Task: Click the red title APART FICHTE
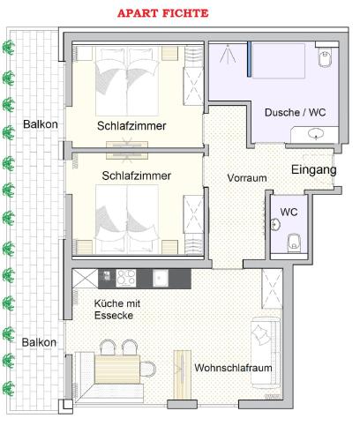[162, 13]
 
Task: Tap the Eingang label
[313, 169]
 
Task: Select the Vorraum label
[247, 178]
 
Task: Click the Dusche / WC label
[295, 112]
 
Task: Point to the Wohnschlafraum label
[233, 368]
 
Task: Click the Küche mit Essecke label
[117, 310]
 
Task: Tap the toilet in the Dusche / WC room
[325, 57]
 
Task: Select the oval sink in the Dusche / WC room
[316, 133]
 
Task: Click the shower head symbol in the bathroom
[228, 54]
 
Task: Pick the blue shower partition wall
[249, 59]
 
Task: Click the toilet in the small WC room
[294, 243]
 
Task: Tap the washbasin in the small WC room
[274, 225]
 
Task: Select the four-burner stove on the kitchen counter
[126, 278]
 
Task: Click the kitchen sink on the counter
[161, 278]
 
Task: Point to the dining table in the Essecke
[117, 370]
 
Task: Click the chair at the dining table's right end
[148, 370]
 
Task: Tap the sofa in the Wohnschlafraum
[265, 352]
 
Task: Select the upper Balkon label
[41, 124]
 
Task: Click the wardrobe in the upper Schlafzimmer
[193, 86]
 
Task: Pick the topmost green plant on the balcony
[9, 48]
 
